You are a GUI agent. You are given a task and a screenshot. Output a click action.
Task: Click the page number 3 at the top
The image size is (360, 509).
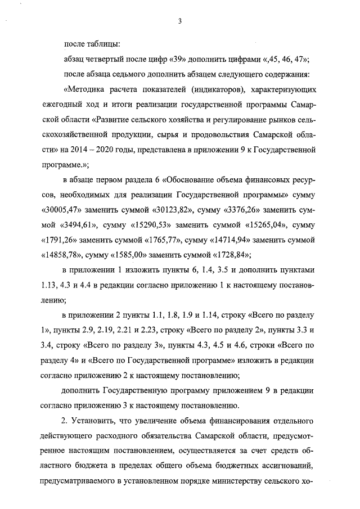pos(179,21)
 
